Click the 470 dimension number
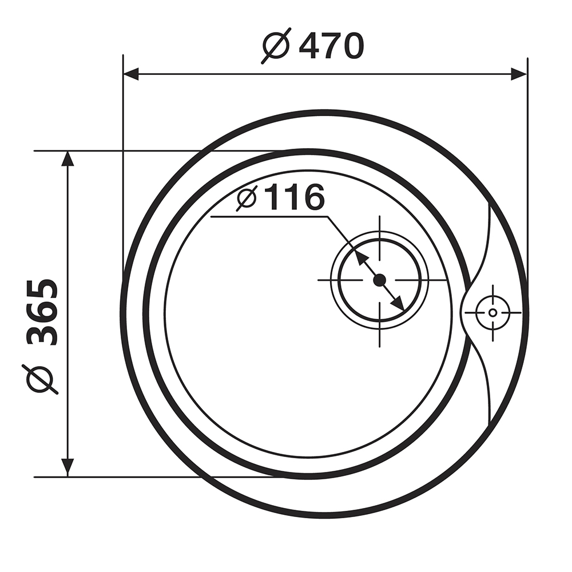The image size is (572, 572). point(332,46)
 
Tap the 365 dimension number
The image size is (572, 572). point(43,312)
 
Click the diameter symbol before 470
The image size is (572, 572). point(276,46)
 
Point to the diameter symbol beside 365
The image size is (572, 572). point(42,379)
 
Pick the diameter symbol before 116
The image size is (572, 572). point(247,198)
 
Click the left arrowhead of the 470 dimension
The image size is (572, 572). point(132,74)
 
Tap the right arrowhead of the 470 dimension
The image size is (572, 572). point(519,74)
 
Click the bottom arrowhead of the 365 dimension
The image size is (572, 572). point(67,468)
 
